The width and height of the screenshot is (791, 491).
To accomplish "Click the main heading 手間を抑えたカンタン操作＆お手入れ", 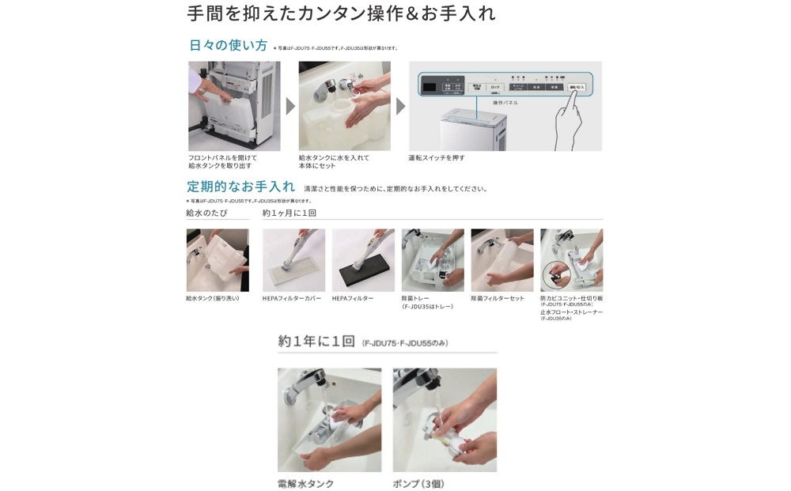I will click(341, 13).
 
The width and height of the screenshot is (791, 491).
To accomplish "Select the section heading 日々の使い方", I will click(228, 46).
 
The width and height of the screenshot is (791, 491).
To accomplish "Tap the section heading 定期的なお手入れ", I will click(240, 187).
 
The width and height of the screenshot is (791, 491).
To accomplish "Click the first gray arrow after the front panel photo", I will click(290, 107).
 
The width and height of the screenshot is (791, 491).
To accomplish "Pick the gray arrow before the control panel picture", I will click(400, 107).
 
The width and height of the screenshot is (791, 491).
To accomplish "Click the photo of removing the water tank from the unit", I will click(234, 106).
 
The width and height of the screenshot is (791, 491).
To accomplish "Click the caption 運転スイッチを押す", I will click(437, 158).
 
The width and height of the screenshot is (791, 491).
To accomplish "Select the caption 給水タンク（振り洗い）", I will click(212, 299).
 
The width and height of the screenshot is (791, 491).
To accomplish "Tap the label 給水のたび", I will click(206, 213).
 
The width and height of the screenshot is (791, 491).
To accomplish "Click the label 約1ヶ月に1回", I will click(290, 213).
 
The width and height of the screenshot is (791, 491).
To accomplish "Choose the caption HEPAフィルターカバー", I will click(292, 299).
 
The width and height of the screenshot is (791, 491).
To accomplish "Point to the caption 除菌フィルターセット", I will click(498, 299).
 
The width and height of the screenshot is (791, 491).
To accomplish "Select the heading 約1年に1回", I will click(316, 342).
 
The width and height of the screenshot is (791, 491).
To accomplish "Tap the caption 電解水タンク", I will click(305, 484).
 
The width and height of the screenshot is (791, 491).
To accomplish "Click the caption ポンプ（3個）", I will click(418, 484).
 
